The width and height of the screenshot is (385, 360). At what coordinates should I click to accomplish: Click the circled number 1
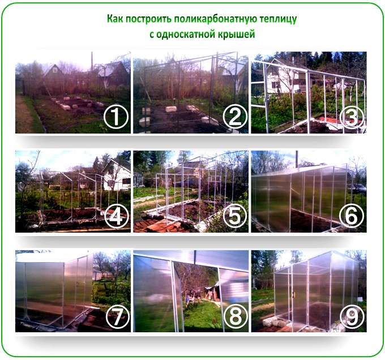[x=116, y=117]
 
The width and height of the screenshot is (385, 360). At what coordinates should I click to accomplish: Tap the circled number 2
[x=234, y=117]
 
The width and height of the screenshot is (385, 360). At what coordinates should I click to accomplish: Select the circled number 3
[x=352, y=117]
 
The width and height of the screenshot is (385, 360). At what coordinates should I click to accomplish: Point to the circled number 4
[x=117, y=216]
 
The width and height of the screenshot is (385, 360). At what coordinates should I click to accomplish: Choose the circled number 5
[x=234, y=216]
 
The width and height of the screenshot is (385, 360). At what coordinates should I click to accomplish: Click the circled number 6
[x=352, y=216]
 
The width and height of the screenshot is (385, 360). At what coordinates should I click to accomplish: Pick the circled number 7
[x=118, y=316]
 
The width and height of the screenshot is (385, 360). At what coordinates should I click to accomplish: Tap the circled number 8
[x=236, y=316]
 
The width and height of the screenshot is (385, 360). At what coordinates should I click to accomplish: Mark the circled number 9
[x=352, y=316]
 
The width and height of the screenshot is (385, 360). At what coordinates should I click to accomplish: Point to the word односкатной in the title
[x=185, y=34]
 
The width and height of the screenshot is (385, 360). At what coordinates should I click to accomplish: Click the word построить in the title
[x=148, y=19]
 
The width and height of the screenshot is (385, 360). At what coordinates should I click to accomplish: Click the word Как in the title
[x=115, y=19]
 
